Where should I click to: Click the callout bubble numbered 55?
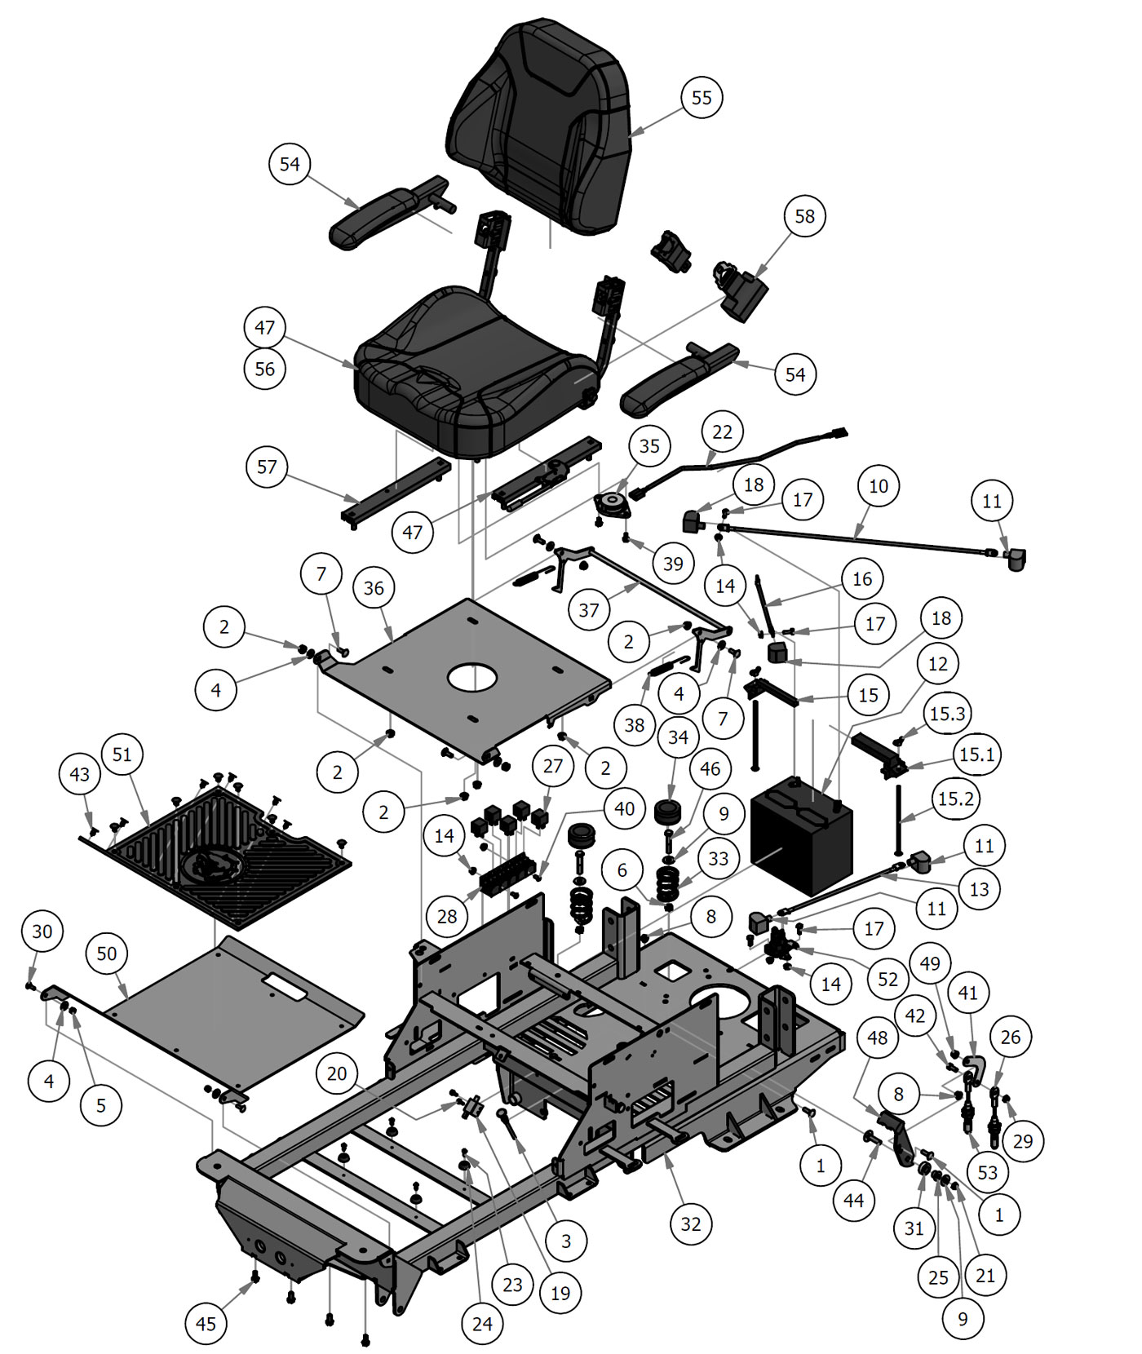(x=702, y=98)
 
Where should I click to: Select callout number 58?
(x=804, y=216)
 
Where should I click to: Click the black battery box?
(x=802, y=840)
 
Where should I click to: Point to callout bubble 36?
(x=374, y=588)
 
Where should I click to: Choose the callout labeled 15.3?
(x=947, y=714)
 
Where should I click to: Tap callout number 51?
(x=122, y=754)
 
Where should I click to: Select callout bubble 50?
(x=107, y=954)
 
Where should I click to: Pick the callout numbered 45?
(x=206, y=1323)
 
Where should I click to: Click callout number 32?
(x=690, y=1224)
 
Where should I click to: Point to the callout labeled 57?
(x=267, y=467)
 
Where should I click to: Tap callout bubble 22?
(x=723, y=431)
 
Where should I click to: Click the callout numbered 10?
(x=878, y=486)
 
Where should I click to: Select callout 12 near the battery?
(x=938, y=664)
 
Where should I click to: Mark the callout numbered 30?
(x=42, y=931)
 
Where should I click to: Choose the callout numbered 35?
(x=649, y=446)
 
